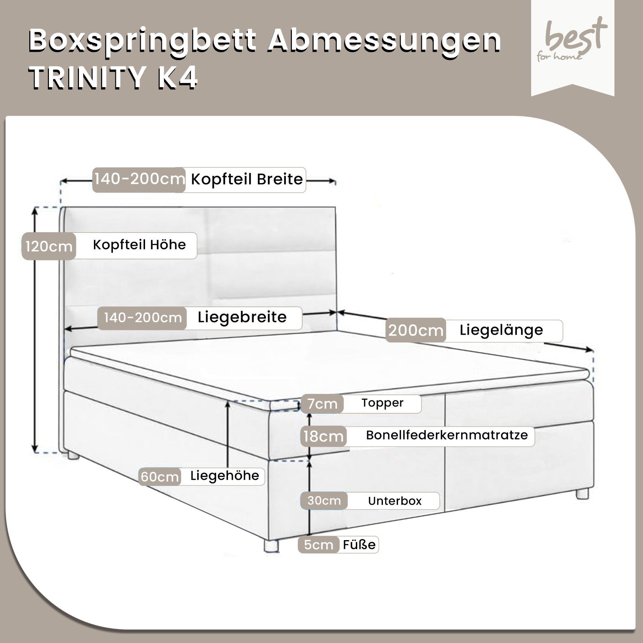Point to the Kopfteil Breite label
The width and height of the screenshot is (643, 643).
(247, 179)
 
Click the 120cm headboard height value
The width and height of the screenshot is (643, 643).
(49, 246)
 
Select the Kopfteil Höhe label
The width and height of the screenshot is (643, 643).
(139, 245)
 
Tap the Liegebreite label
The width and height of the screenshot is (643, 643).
(242, 317)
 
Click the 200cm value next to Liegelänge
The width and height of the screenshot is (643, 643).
(416, 330)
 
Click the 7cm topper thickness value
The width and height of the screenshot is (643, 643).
(322, 404)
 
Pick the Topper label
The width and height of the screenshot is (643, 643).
(382, 403)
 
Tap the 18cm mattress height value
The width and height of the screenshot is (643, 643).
(323, 436)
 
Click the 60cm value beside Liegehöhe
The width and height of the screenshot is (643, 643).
(160, 477)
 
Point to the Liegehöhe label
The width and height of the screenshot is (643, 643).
(225, 475)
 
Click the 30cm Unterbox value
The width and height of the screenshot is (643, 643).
(324, 500)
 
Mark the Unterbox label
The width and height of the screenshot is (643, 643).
(395, 501)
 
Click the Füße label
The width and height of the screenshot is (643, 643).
(359, 544)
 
